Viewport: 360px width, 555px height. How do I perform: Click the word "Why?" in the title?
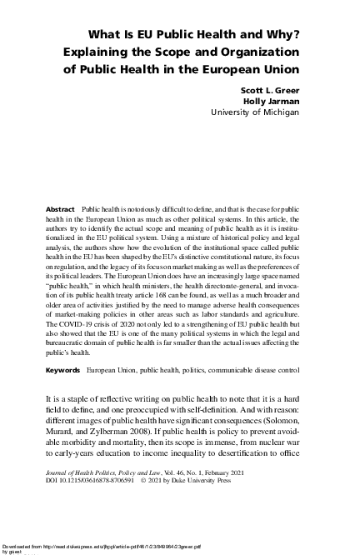pos(282,34)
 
